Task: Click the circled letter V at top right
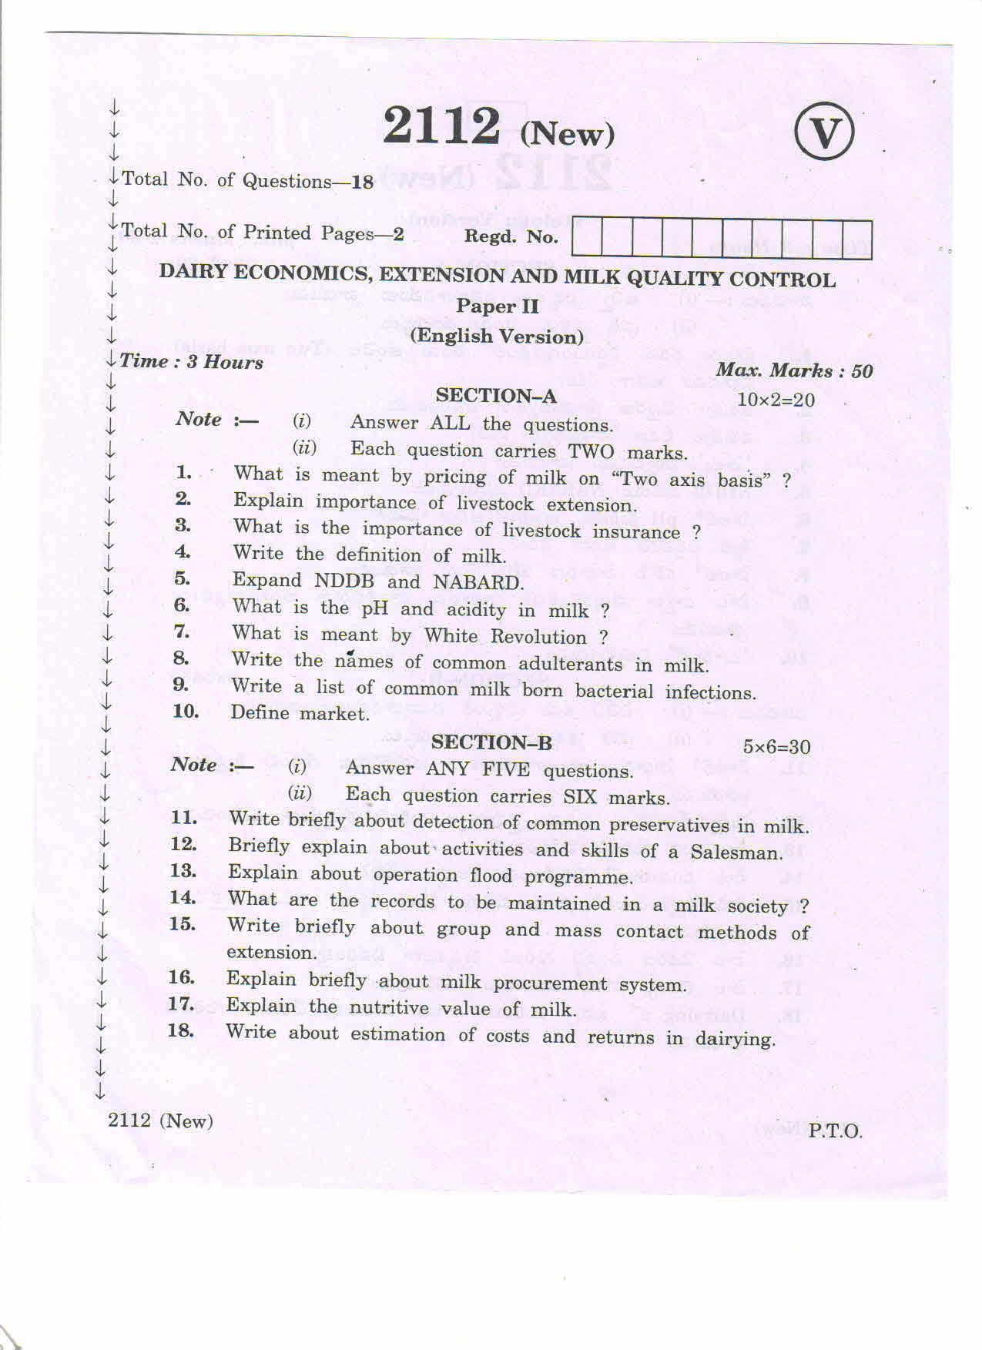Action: pos(824,134)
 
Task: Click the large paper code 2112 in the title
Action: pos(441,127)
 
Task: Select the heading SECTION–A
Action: pos(495,396)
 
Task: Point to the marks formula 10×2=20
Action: pos(776,400)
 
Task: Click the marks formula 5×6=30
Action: pos(776,746)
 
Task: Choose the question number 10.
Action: pos(186,711)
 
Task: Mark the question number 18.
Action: pos(181,1030)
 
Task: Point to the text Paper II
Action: pos(497,306)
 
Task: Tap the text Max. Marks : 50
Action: pos(794,371)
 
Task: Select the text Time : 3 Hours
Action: pos(191,362)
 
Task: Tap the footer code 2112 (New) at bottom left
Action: pos(160,1121)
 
